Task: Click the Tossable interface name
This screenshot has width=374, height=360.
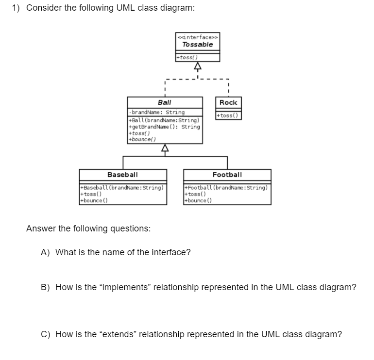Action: click(198, 45)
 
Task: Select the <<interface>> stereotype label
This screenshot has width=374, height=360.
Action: click(198, 37)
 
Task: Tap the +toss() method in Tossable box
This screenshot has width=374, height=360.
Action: click(187, 57)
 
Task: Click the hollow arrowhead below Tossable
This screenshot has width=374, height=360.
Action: click(198, 66)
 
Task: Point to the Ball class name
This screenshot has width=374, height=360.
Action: click(165, 102)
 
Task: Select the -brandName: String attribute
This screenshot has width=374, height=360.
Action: click(157, 112)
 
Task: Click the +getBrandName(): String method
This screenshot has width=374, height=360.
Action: click(164, 127)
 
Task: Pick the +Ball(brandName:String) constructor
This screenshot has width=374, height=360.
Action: click(164, 120)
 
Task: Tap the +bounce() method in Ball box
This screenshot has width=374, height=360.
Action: click(142, 139)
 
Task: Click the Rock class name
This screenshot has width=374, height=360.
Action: click(228, 102)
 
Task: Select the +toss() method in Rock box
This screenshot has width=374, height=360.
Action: click(227, 115)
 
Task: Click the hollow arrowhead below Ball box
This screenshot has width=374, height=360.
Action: click(165, 147)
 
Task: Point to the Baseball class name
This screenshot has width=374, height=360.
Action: click(122, 175)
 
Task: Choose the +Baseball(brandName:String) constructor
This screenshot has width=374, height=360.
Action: click(122, 188)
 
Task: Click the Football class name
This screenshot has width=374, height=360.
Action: click(227, 175)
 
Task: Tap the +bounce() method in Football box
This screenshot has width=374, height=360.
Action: click(198, 200)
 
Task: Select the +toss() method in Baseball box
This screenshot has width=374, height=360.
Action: click(91, 194)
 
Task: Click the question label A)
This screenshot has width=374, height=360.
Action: click(45, 252)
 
